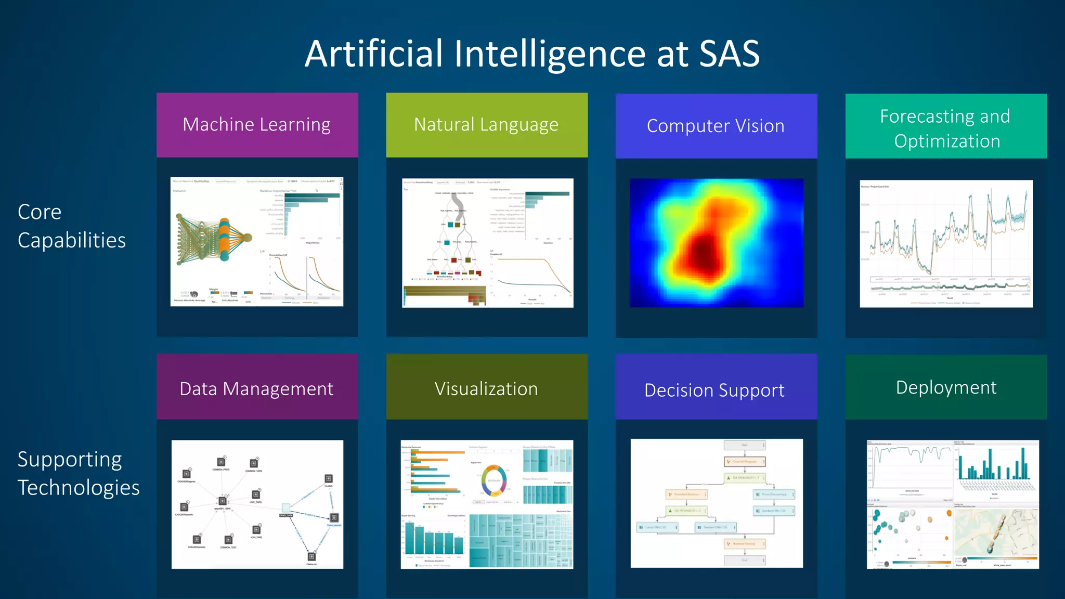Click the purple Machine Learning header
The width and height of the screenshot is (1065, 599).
click(x=257, y=125)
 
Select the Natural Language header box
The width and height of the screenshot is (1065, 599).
click(x=486, y=125)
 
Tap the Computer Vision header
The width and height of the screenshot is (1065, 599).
click(x=716, y=126)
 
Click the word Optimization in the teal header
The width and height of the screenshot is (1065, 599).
click(x=947, y=141)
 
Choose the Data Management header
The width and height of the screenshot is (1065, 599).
click(x=257, y=388)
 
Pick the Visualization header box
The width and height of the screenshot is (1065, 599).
click(x=486, y=388)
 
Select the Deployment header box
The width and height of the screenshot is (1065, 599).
click(x=946, y=387)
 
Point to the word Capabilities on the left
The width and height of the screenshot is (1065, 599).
click(x=72, y=240)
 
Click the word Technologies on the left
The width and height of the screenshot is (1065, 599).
click(x=79, y=488)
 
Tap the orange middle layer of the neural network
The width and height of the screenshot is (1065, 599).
click(x=224, y=239)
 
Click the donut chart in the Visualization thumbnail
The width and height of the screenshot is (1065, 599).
click(x=493, y=481)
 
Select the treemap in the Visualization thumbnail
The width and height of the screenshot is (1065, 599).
click(x=520, y=541)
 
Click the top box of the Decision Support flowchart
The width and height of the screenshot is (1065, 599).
click(x=744, y=445)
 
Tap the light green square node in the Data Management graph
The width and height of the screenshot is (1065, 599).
click(x=285, y=507)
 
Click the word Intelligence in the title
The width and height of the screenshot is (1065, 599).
click(x=550, y=54)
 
